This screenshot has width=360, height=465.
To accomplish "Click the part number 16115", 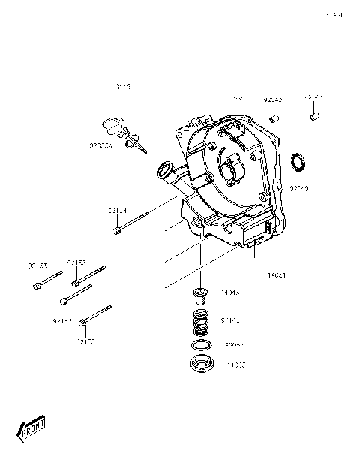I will [x=121, y=87].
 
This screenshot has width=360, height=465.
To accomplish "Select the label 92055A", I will [x=100, y=145].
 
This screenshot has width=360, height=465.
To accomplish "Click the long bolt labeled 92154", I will [x=132, y=223].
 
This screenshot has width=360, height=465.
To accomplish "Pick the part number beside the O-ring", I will [x=234, y=346].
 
